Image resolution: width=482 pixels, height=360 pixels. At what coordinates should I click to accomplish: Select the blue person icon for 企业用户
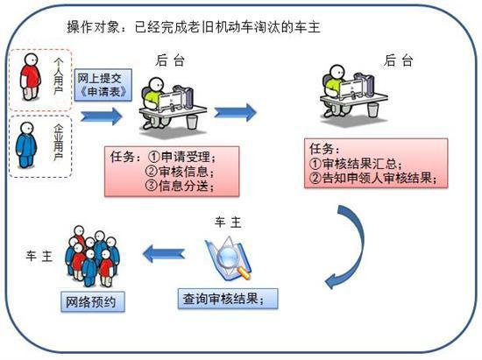coord(27,145)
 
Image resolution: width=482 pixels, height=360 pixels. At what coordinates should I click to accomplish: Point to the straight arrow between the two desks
coord(234,112)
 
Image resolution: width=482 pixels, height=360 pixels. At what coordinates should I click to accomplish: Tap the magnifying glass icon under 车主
coord(221,258)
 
